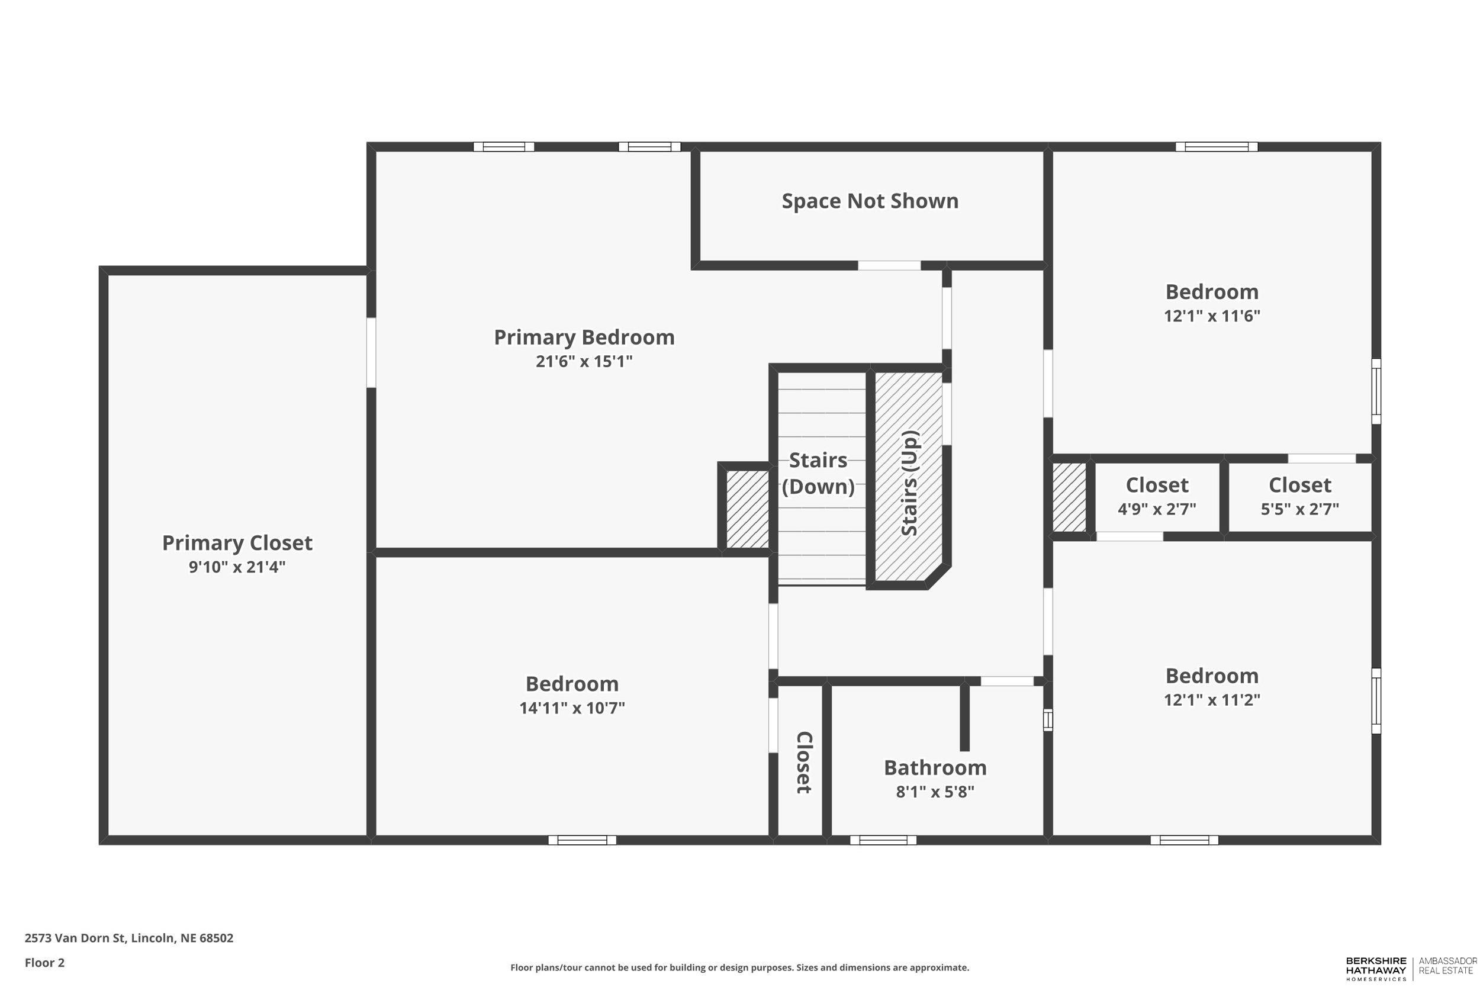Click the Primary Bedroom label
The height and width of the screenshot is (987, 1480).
[x=583, y=337]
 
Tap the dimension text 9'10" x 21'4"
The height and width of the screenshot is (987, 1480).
[x=237, y=567]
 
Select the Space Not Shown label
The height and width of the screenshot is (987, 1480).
[x=870, y=201]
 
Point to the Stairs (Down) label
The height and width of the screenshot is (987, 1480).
[x=818, y=473]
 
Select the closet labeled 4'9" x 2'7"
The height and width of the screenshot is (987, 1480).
[x=1157, y=496]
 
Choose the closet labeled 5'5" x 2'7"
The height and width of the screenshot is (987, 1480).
[x=1299, y=496]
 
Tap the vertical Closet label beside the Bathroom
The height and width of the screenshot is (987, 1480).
[x=803, y=761]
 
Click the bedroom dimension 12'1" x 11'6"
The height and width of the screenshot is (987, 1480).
[x=1211, y=316]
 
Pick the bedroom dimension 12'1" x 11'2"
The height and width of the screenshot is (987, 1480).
[x=1211, y=700]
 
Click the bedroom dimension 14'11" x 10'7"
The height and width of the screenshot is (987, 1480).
[x=571, y=708]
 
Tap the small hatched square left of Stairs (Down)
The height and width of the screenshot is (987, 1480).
[x=747, y=509]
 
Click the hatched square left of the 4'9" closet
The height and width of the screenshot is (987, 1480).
[x=1069, y=497]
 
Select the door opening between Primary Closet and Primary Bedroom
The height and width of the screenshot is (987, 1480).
[x=371, y=352]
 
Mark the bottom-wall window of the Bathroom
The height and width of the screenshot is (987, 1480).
[x=882, y=840]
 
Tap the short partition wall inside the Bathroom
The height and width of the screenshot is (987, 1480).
[x=964, y=718]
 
